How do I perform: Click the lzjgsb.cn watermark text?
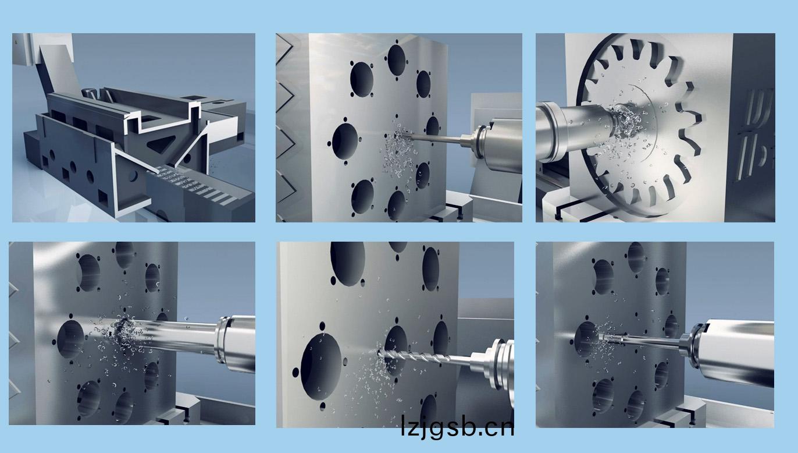point(457,427)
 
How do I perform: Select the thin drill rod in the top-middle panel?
point(435,139)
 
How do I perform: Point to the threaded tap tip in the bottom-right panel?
point(612,338)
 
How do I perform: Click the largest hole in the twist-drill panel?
point(321,367)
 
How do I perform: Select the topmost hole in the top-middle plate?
point(396,60)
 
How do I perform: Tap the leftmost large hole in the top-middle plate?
point(345,141)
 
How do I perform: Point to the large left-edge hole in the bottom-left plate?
point(70,339)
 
